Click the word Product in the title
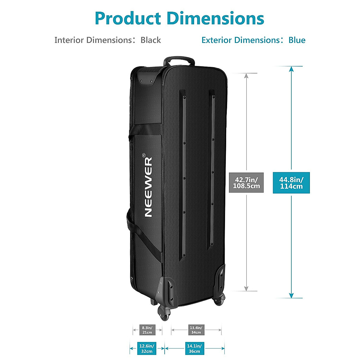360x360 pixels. pyautogui.click(x=128, y=18)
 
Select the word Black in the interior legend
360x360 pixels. pyautogui.click(x=151, y=40)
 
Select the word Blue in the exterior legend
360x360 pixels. pyautogui.click(x=297, y=40)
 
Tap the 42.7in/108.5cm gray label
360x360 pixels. pyautogui.click(x=246, y=182)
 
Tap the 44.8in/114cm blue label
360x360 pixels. pyautogui.click(x=291, y=183)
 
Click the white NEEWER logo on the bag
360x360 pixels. pyautogui.click(x=148, y=187)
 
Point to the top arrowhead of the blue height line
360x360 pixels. pyautogui.click(x=291, y=69)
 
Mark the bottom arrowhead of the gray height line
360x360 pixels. pyautogui.click(x=246, y=288)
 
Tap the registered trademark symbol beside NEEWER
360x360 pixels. pyautogui.click(x=144, y=155)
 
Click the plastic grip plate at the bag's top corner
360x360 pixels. pyautogui.click(x=147, y=79)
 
